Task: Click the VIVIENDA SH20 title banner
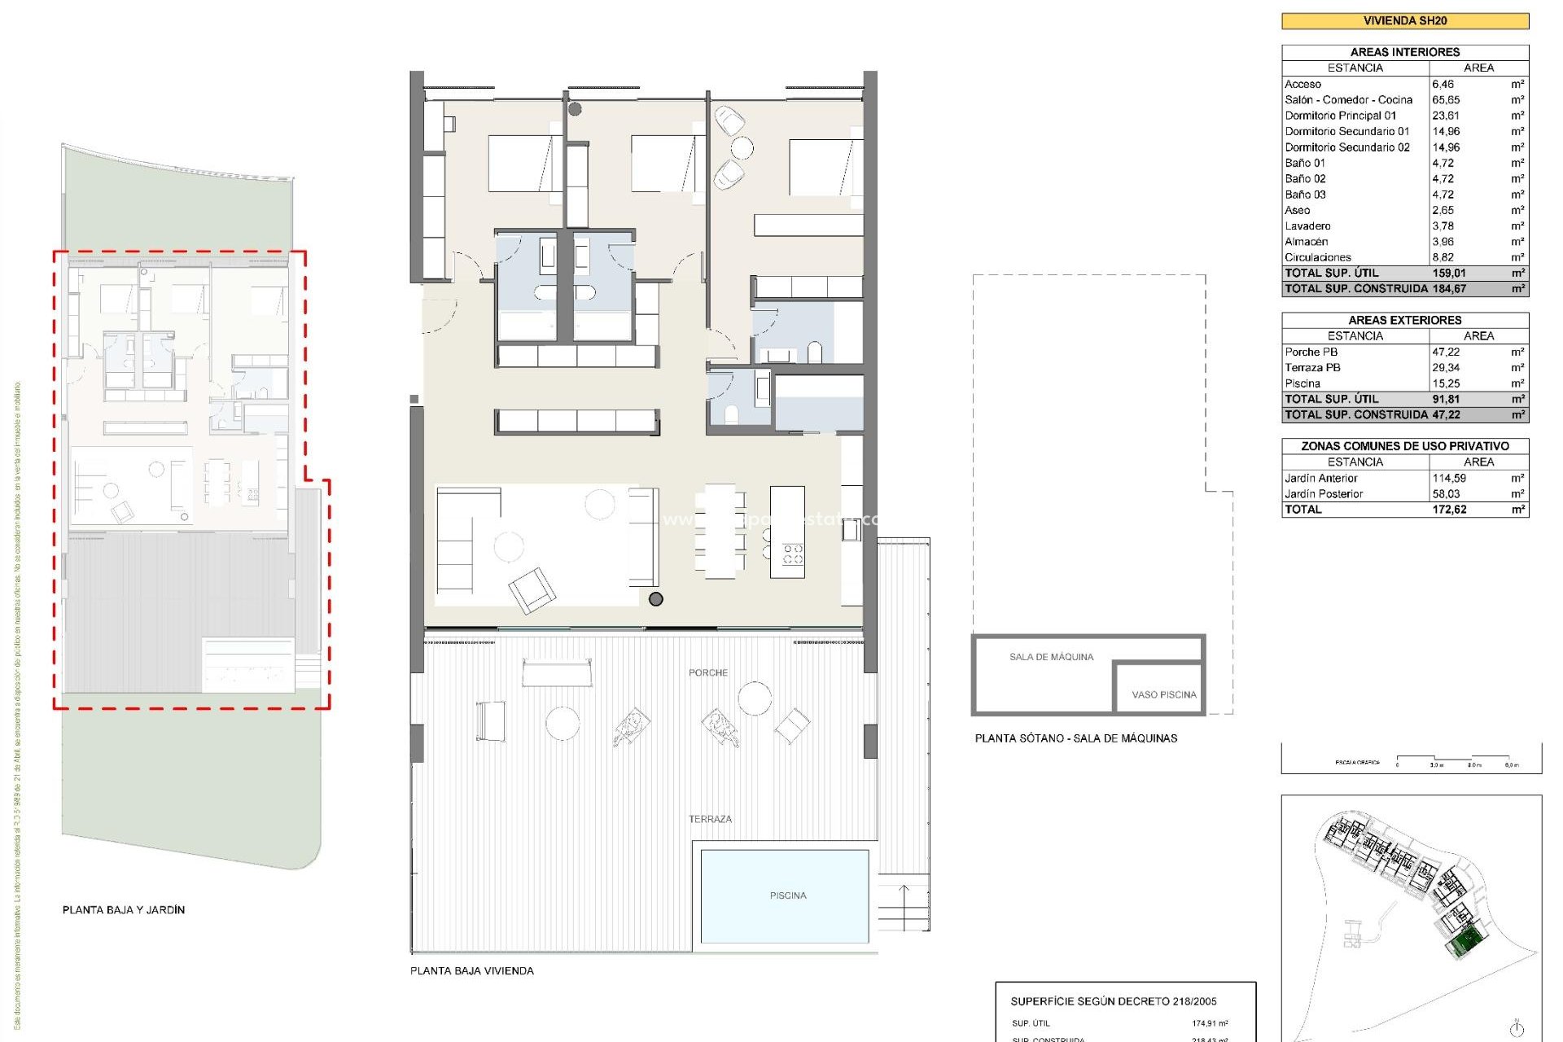pyautogui.click(x=1405, y=21)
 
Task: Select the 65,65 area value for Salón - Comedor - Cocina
pyautogui.click(x=1446, y=100)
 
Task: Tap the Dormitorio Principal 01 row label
pyautogui.click(x=1340, y=116)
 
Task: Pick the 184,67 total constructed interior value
pyautogui.click(x=1449, y=289)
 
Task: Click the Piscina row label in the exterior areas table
pyautogui.click(x=1302, y=383)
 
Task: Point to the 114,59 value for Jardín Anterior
pyautogui.click(x=1449, y=479)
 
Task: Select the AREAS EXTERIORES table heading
pyautogui.click(x=1404, y=321)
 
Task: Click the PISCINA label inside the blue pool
pyautogui.click(x=788, y=895)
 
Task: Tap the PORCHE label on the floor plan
pyautogui.click(x=708, y=672)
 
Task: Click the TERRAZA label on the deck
pyautogui.click(x=710, y=819)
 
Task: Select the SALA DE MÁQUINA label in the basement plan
pyautogui.click(x=1051, y=657)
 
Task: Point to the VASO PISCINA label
pyautogui.click(x=1164, y=694)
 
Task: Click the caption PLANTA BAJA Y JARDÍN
pyautogui.click(x=124, y=910)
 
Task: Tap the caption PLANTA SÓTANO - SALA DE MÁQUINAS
pyautogui.click(x=1076, y=738)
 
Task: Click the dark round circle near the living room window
pyautogui.click(x=656, y=599)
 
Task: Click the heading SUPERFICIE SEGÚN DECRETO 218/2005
pyautogui.click(x=1114, y=1001)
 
